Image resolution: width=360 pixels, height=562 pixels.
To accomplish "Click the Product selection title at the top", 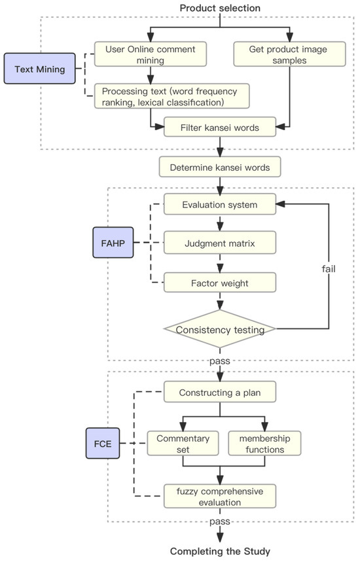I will coord(220,8).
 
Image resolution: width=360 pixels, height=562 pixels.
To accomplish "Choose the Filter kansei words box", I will coord(220,128).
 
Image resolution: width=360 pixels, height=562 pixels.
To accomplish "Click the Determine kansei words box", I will coord(220,167).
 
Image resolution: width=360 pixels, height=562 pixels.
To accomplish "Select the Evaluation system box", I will coord(220,205).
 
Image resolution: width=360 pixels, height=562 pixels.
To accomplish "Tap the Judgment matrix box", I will coord(220,244).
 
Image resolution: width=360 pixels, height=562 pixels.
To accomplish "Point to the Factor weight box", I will coord(220,283).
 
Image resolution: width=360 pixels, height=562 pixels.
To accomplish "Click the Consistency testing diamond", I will coord(220,329).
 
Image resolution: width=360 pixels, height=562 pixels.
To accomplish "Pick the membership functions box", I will coord(264,443).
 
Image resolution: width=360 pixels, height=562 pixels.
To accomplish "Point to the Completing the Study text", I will coord(220,551).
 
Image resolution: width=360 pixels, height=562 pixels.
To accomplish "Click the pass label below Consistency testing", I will coord(220,360).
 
